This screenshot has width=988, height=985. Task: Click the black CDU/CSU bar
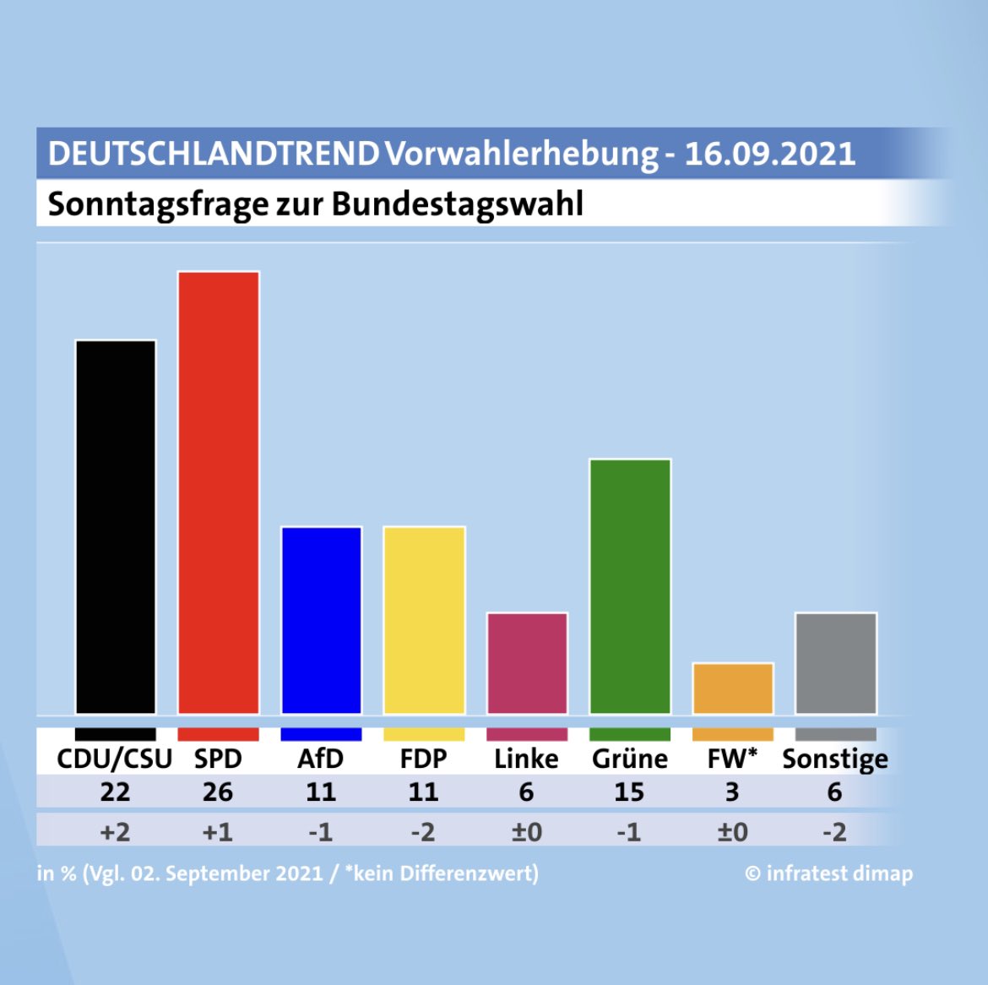click(116, 527)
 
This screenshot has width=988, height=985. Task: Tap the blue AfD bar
click(321, 620)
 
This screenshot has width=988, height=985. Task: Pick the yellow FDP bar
click(424, 620)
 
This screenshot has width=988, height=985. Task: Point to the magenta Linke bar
click(527, 663)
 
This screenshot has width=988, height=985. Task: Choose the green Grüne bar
click(630, 586)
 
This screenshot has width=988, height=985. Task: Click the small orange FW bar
click(733, 688)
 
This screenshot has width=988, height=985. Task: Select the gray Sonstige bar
click(835, 663)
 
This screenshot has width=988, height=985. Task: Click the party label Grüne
click(630, 759)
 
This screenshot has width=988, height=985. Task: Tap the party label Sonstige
click(835, 759)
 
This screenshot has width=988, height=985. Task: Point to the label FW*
click(732, 759)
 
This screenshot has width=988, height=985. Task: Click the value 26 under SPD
click(218, 792)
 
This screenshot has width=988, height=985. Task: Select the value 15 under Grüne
click(629, 792)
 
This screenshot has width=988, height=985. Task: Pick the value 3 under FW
click(732, 792)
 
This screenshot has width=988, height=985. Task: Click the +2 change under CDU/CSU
click(116, 832)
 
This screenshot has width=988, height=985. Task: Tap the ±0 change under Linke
click(527, 832)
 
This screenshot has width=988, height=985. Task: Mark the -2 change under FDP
click(423, 832)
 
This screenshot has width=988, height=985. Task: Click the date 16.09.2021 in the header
click(769, 154)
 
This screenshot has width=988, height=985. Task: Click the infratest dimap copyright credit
click(828, 873)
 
